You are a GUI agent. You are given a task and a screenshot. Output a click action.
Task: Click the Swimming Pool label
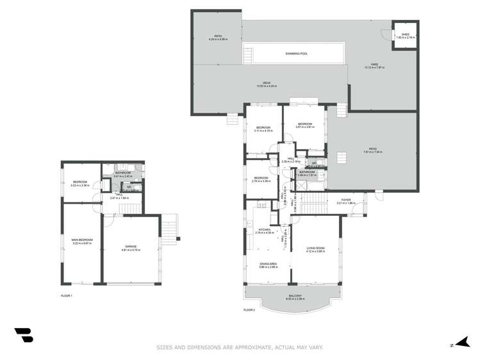coord(296,53)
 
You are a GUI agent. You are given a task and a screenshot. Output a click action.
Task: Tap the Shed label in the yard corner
coord(406,36)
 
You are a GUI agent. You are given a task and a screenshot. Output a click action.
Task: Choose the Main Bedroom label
coord(81,241)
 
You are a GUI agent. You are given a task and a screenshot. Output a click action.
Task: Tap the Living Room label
coord(316,249)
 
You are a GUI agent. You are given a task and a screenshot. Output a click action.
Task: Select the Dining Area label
coord(268,264)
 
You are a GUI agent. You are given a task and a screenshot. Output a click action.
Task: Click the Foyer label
coord(345,201)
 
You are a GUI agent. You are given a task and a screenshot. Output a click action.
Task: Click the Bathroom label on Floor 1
coord(123,174)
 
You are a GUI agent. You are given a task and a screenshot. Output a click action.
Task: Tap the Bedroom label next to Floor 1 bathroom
coord(80,183)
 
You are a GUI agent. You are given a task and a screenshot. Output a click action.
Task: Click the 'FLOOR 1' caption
coord(67,295)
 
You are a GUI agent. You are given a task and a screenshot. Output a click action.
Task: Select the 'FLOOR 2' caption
coord(249,309)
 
